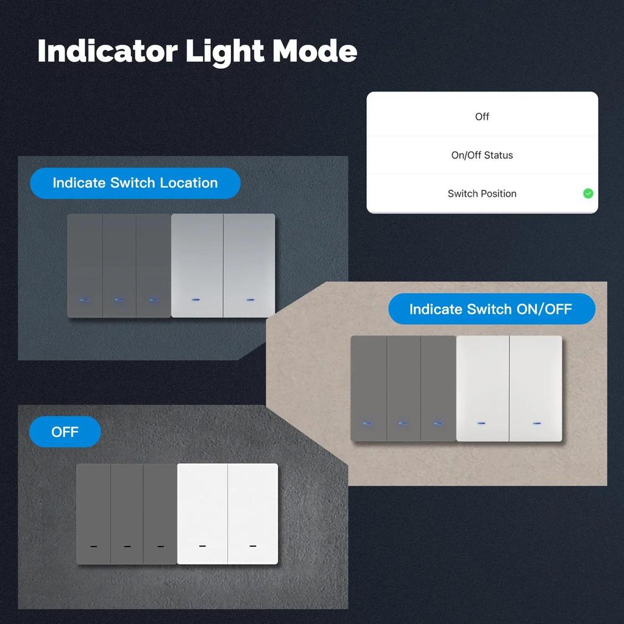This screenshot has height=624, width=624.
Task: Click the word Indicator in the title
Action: click(x=107, y=51)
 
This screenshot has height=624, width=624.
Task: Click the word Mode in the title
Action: click(x=314, y=51)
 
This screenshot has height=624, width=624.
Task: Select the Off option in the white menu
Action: click(x=482, y=116)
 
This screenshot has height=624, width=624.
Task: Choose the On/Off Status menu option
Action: click(x=482, y=155)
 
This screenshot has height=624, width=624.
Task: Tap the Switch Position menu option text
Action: click(x=482, y=193)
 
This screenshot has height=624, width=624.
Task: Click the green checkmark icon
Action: click(x=588, y=193)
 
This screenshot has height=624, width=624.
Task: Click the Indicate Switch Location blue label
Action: click(x=135, y=183)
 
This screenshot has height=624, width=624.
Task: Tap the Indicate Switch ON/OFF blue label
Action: click(x=492, y=309)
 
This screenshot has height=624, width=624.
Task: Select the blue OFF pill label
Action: click(x=65, y=432)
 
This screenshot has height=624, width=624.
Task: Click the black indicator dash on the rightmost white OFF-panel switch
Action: click(x=253, y=546)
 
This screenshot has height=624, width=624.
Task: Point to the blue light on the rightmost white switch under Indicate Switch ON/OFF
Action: click(x=537, y=423)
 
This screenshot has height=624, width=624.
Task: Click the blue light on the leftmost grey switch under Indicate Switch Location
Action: click(x=85, y=299)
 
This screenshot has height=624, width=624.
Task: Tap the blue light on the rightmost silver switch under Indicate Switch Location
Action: click(x=250, y=299)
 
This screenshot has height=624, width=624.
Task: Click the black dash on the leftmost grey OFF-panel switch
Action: click(x=93, y=547)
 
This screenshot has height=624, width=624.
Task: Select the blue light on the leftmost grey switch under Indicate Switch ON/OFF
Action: click(x=367, y=423)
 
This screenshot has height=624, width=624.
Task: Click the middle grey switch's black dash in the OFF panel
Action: click(x=127, y=547)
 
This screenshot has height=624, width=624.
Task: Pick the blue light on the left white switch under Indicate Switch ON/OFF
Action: click(x=481, y=423)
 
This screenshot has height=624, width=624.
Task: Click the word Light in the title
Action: click(x=225, y=51)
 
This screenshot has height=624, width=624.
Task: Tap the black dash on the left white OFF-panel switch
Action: click(x=202, y=546)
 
